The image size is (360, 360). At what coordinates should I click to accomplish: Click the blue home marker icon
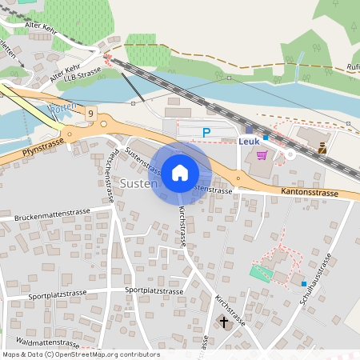click(x=180, y=172)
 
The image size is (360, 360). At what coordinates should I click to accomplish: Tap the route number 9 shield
click(x=92, y=114)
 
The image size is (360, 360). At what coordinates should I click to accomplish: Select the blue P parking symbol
click(x=206, y=133)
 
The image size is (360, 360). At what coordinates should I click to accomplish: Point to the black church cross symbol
click(x=223, y=322)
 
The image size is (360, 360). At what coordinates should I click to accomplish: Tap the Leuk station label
click(x=249, y=141)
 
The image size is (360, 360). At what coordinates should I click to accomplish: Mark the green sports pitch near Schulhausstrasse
click(x=261, y=272)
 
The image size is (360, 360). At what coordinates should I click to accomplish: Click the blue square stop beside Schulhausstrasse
click(x=304, y=283)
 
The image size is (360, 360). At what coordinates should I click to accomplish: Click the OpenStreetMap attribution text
click(x=80, y=354)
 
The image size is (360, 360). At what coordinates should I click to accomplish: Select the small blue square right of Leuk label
click(x=266, y=138)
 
